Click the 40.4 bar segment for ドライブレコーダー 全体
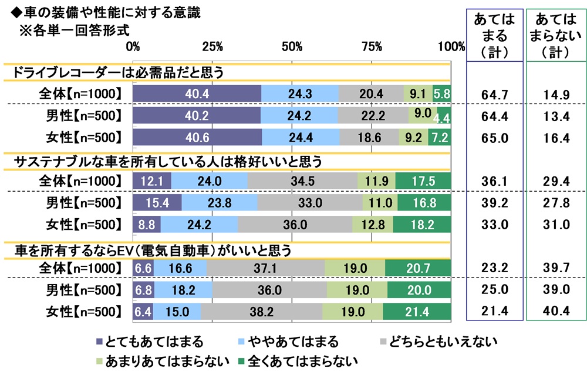197,93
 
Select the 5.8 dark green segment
441,93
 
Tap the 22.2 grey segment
373,115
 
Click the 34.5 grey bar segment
302,181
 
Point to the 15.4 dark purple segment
157,203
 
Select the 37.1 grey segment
265,268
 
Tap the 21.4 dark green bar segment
417,312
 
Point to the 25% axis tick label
212,46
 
